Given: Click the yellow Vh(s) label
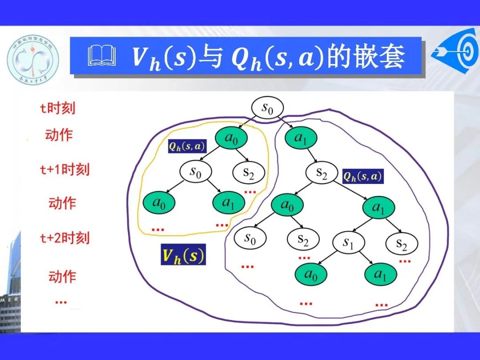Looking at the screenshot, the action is (183, 256).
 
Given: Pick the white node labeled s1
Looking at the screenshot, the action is (348, 243).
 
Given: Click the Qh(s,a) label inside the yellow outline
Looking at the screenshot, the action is (187, 146).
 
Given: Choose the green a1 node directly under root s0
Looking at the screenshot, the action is (301, 138).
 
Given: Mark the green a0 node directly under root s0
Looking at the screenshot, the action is (231, 138).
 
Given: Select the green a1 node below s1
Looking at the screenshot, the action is (380, 275).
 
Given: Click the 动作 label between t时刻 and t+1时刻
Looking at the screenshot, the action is (59, 135).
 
